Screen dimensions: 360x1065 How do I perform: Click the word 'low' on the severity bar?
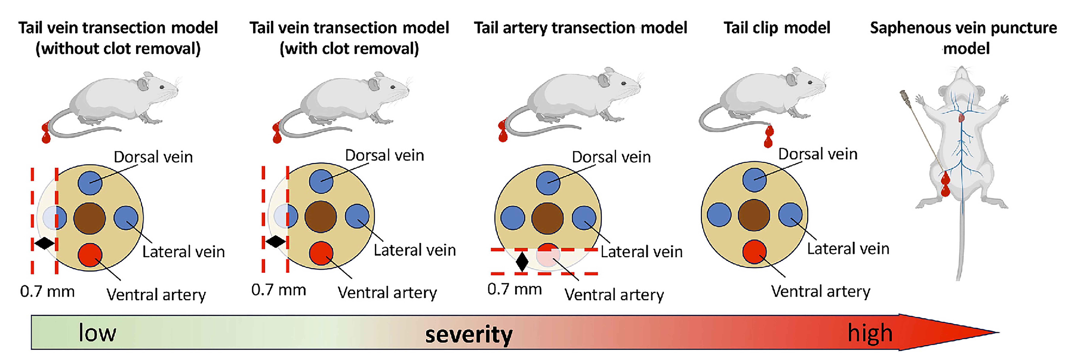[98, 333]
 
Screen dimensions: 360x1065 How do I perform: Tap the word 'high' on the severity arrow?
[870, 333]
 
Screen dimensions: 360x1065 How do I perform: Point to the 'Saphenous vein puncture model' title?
[963, 38]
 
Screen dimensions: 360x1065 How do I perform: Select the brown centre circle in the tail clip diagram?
[754, 215]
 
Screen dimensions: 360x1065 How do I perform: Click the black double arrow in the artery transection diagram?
[522, 261]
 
